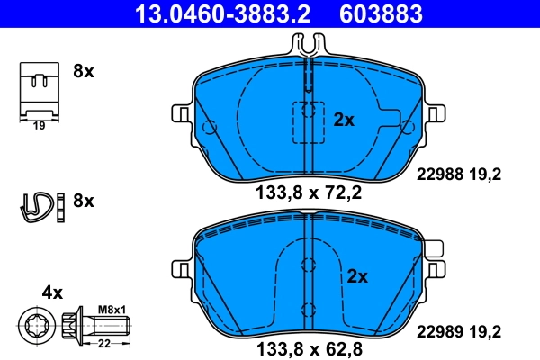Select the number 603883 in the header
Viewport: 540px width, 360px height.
[x=380, y=13]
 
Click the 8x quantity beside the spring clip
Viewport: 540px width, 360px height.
[x=83, y=201]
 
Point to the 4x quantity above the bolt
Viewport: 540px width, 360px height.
[x=52, y=292]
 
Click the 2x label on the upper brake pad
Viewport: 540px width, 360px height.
[x=345, y=119]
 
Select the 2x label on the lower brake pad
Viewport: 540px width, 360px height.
[x=358, y=277]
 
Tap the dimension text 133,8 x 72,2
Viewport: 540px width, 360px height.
[x=309, y=193]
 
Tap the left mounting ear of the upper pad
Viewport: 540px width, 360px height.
[x=180, y=113]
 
